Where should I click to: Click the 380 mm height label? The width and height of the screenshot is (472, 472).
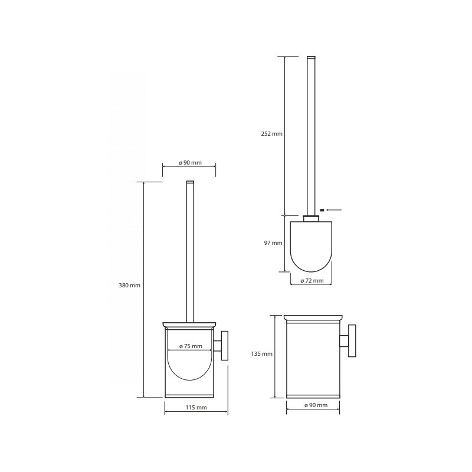129,286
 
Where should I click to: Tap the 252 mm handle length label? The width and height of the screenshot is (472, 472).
271,134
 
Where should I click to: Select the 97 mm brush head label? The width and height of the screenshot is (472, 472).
273,242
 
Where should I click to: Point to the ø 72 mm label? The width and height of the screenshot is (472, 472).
312,281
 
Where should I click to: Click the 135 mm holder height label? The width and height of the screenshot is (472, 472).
261,354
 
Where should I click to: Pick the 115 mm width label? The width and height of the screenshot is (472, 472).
196,408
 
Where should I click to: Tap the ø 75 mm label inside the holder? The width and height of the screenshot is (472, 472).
191,346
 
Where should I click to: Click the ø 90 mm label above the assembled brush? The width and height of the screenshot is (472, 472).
190,163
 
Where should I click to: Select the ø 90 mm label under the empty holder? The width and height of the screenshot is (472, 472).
316,405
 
